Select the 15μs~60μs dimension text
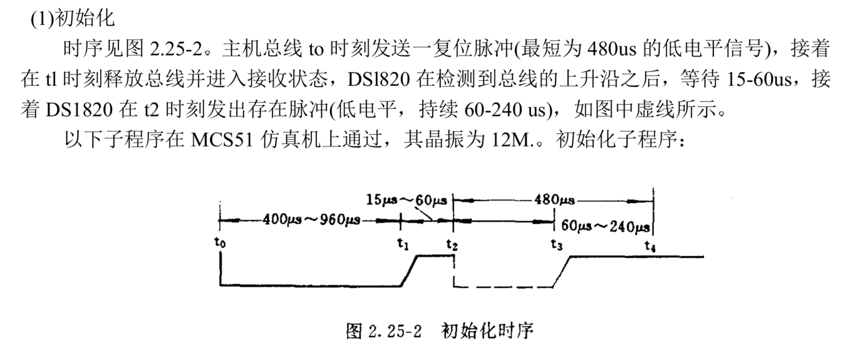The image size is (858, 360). click(406, 200)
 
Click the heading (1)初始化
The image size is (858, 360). click(73, 19)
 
